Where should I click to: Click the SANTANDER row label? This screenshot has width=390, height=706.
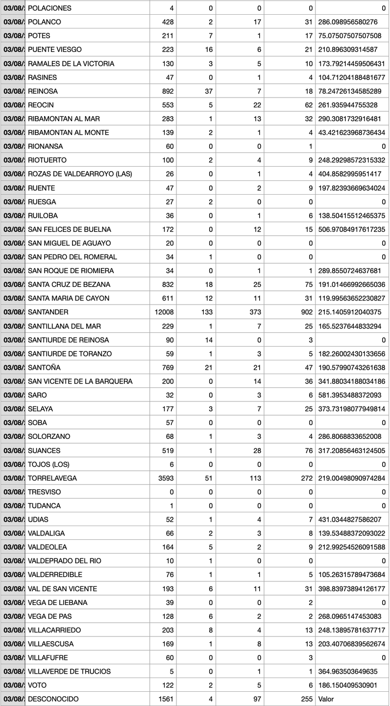[48, 312]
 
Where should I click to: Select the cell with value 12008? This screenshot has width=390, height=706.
[164, 312]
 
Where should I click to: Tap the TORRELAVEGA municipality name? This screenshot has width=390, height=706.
[52, 478]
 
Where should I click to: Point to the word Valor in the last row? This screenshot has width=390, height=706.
[326, 699]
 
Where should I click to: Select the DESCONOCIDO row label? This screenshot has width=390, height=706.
[53, 699]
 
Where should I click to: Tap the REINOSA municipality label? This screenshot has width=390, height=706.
[43, 91]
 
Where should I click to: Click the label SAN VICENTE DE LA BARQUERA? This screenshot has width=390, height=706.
[80, 381]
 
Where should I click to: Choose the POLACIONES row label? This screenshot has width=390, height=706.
[49, 8]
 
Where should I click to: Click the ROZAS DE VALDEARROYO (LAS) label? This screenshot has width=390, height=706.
[80, 174]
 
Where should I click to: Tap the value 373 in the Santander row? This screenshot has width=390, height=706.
[255, 312]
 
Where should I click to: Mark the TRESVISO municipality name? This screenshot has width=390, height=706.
[45, 492]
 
